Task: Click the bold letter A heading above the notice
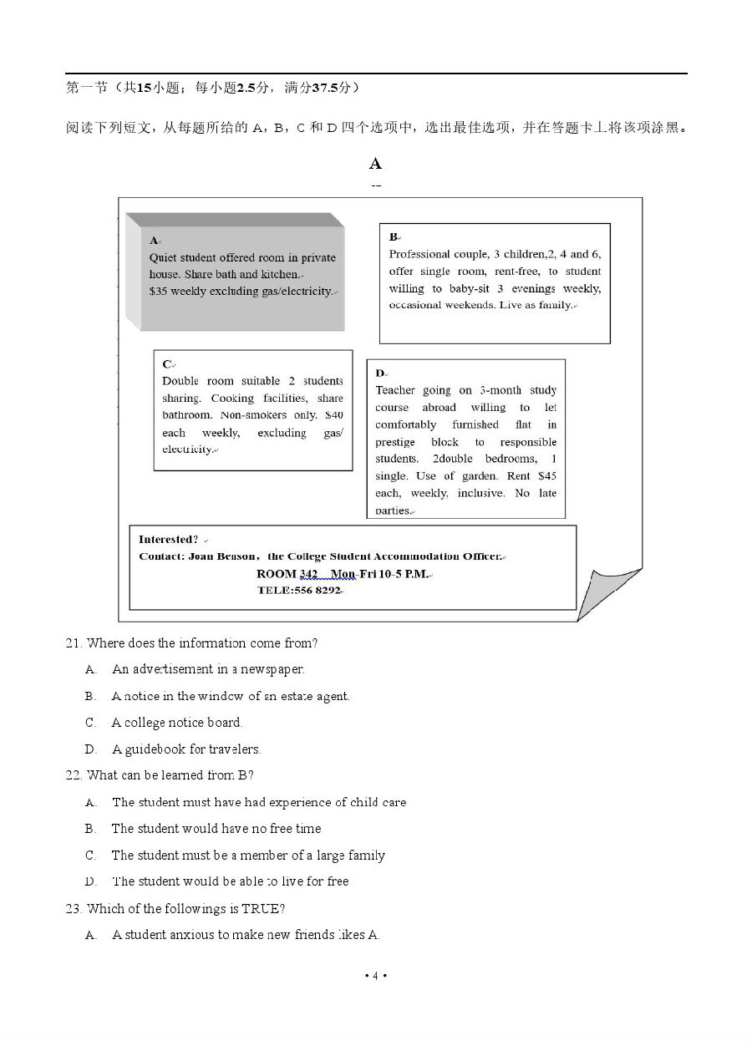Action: pos(375,164)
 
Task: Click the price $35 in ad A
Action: pos(158,292)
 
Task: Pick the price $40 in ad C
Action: pos(333,415)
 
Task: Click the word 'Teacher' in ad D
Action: pos(395,390)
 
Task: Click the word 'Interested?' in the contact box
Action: pos(168,540)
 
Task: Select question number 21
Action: pos(74,643)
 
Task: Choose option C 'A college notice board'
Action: pos(176,723)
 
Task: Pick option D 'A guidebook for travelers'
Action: pos(186,749)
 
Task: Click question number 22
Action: pos(74,775)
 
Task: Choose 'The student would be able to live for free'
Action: pos(230,881)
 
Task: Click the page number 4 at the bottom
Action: pos(375,976)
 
